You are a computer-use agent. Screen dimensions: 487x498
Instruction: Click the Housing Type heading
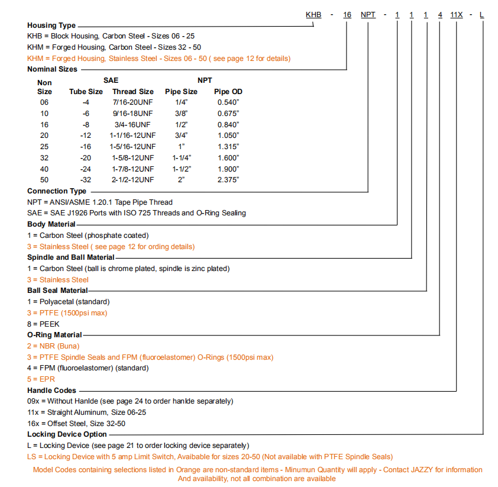click(x=51, y=25)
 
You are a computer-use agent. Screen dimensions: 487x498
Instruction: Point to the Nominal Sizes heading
click(x=52, y=69)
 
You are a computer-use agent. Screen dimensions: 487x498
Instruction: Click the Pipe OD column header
click(x=228, y=92)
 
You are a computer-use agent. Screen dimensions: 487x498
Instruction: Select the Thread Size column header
click(x=133, y=92)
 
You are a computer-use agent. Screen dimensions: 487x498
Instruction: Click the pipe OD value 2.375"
click(x=228, y=179)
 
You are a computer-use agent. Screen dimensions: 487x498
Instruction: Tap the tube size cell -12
click(x=86, y=136)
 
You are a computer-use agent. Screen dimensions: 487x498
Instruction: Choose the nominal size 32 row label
click(x=44, y=157)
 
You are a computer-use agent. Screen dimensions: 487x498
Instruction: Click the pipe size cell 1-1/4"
click(x=181, y=157)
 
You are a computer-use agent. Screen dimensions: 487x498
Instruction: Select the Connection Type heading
click(x=57, y=191)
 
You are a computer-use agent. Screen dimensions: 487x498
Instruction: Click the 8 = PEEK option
click(x=43, y=324)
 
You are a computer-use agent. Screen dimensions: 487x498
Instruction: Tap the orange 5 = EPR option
click(x=41, y=379)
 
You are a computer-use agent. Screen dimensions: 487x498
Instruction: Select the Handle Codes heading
click(x=51, y=391)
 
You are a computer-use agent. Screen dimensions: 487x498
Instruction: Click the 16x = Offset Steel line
click(x=76, y=423)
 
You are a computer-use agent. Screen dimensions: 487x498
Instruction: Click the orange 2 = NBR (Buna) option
click(x=53, y=346)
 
